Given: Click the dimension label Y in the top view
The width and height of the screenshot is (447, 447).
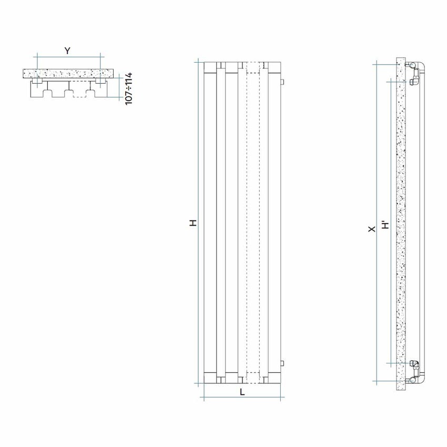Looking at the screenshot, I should [67, 50].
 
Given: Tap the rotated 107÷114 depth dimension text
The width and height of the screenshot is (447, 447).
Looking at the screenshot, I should [128, 89].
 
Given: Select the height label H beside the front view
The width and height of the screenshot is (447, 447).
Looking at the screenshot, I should [194, 223].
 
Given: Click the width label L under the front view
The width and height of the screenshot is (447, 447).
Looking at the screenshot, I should [242, 392].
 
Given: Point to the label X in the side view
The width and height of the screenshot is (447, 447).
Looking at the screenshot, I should [372, 229].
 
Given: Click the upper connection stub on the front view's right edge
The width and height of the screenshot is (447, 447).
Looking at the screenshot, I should [283, 82].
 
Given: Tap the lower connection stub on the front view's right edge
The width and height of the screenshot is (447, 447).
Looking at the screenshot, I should [283, 363].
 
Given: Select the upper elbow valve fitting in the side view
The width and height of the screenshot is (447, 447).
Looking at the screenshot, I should [414, 82].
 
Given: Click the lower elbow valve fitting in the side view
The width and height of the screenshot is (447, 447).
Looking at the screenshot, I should [414, 364].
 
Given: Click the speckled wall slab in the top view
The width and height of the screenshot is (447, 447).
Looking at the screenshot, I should [68, 74].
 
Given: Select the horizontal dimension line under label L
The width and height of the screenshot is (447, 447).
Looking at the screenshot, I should [242, 398].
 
